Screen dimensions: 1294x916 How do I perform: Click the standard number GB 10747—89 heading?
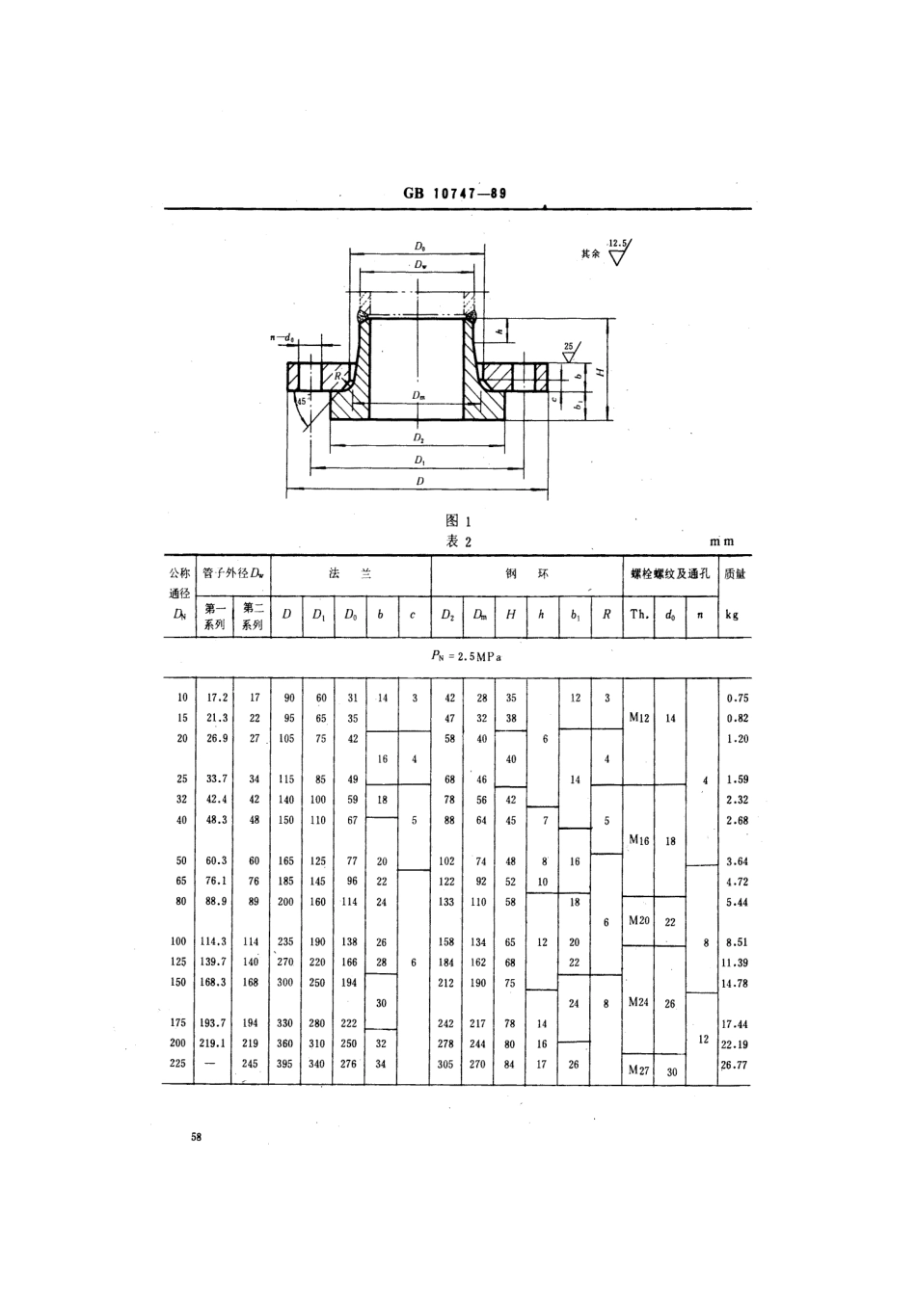[455, 193]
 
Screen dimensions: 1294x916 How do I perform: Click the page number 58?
[197, 1138]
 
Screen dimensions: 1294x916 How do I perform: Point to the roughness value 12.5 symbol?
[617, 245]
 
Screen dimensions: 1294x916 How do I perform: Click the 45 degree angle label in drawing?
[302, 401]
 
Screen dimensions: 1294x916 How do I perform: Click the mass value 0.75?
[736, 698]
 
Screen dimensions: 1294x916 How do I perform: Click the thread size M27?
[638, 1070]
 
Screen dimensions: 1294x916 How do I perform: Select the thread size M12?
[638, 718]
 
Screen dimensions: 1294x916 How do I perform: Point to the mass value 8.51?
[736, 941]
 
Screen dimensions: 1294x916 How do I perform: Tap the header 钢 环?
[526, 573]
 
